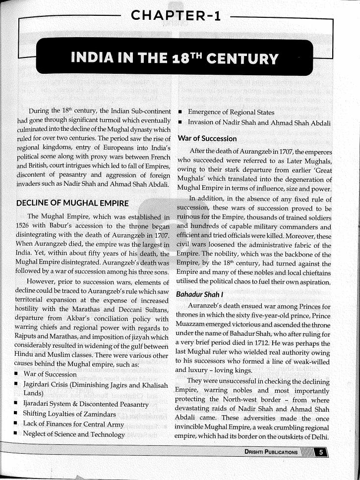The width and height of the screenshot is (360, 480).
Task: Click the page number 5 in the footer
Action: [321, 452]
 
